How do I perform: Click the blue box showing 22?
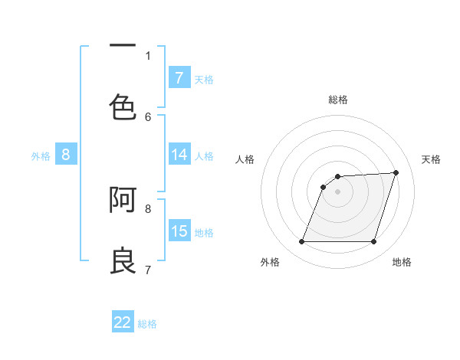(123, 322)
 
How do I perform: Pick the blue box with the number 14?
(179, 155)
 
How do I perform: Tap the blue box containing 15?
(179, 231)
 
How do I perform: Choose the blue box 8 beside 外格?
(66, 155)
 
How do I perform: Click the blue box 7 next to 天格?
(179, 78)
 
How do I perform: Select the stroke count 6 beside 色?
(148, 116)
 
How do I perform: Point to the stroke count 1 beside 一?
(148, 55)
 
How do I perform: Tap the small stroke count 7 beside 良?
(148, 270)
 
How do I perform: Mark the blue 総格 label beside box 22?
(147, 324)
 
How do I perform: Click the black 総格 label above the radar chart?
(338, 100)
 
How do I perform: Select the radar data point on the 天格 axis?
(396, 172)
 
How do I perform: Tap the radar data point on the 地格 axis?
(374, 242)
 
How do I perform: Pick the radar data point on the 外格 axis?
(301, 242)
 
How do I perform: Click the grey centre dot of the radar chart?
(338, 191)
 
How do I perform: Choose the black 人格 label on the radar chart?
(245, 159)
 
